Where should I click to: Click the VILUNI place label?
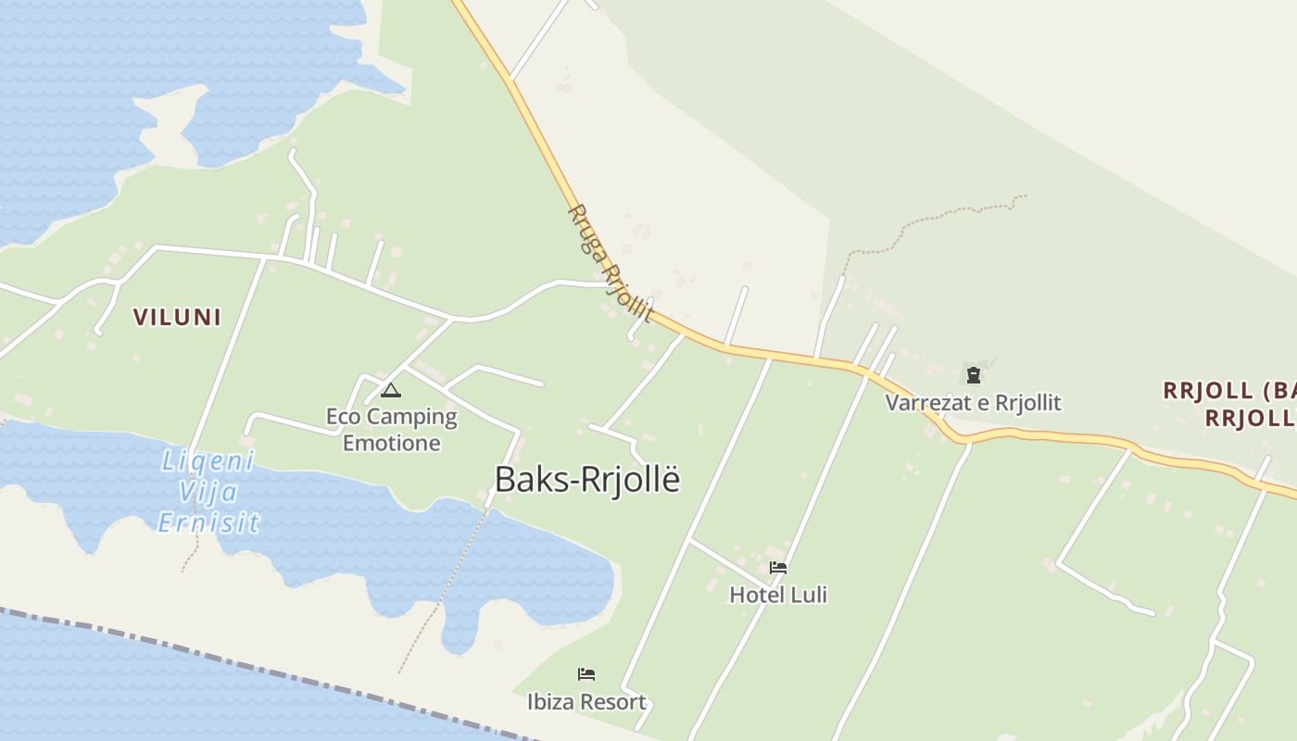[x=177, y=317]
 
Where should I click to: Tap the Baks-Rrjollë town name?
[x=587, y=480]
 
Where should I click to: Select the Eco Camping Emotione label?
[x=391, y=429]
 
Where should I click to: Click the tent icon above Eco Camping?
[x=391, y=390]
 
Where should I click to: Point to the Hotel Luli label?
[x=778, y=595]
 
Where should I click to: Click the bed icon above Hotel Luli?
[x=778, y=567]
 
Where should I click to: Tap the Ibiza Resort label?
[x=586, y=702]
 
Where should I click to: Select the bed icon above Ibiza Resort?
[x=586, y=673]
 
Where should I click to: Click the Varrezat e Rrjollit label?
[x=973, y=403]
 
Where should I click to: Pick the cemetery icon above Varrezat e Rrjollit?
[x=974, y=375]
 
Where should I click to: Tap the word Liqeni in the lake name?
[x=208, y=460]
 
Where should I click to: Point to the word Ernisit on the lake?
[x=208, y=523]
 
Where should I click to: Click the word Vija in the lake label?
[x=209, y=492]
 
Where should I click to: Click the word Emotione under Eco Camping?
[x=391, y=443]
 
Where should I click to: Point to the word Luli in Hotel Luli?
[x=808, y=595]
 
